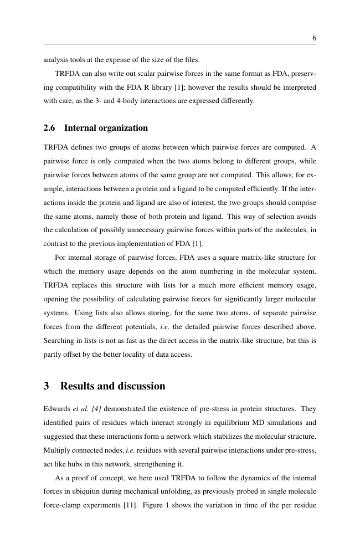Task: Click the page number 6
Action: coord(314,38)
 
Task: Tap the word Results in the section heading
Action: coord(80,386)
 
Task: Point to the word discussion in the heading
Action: coord(141,386)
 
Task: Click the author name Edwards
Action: coord(57,409)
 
